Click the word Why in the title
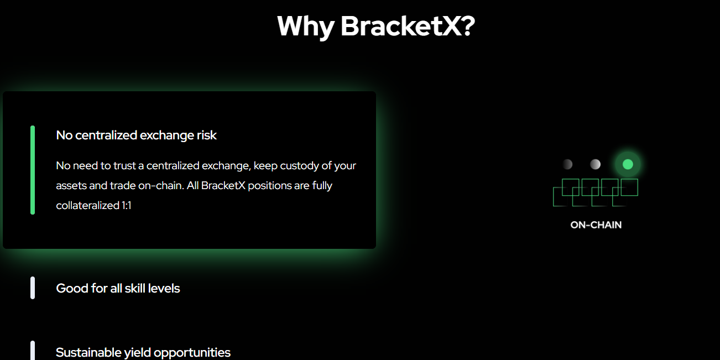coord(306,27)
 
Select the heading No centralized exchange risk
coord(136,135)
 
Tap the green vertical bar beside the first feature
coord(33,170)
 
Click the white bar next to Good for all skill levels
coord(33,288)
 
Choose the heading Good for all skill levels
coord(118,288)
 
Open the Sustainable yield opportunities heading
coord(143,353)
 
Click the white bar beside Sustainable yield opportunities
coord(33,351)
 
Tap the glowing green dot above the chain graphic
coord(628,164)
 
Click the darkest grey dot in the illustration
coord(567,164)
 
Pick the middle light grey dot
coord(595,164)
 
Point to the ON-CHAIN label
coord(596,225)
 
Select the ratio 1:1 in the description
coord(126,206)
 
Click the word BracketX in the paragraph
coord(223,186)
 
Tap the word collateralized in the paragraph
coord(88,206)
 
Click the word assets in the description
coord(71,186)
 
